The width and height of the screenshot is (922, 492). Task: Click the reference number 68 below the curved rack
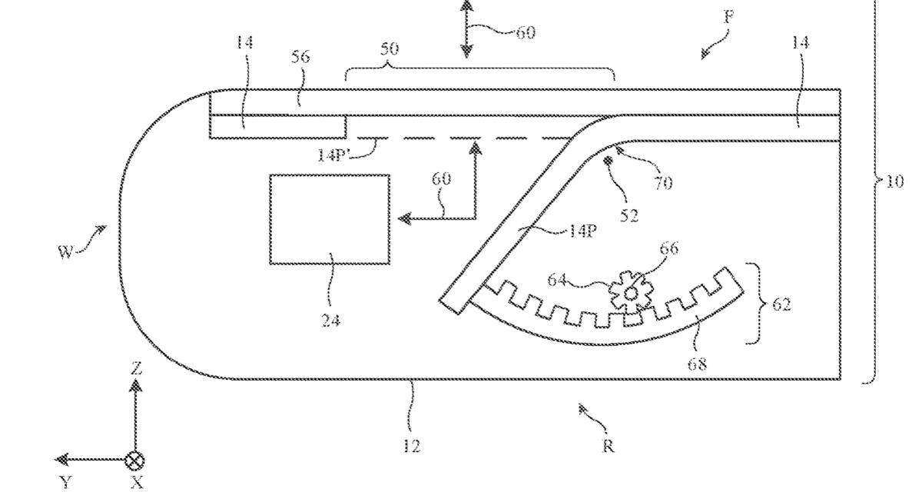click(x=698, y=364)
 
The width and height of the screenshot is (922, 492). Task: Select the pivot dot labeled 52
click(x=607, y=161)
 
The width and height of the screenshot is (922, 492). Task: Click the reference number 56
click(x=300, y=57)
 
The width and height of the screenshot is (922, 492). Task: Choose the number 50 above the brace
click(x=389, y=48)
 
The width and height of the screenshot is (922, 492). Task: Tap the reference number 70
click(x=662, y=183)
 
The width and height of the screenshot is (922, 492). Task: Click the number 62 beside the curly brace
click(x=781, y=304)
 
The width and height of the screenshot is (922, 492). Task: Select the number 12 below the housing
click(x=412, y=446)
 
